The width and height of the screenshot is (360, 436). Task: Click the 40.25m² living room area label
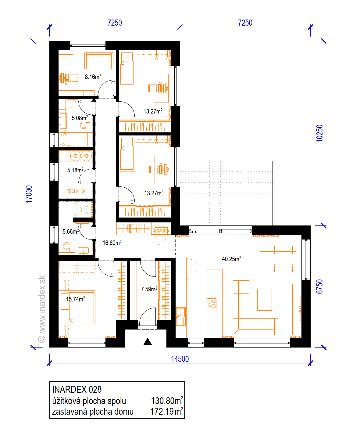click(231, 259)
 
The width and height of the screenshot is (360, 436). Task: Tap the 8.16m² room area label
click(93, 77)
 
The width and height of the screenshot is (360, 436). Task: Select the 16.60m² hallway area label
click(112, 243)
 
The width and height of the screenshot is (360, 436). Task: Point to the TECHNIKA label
click(76, 191)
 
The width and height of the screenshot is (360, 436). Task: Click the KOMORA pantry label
click(161, 231)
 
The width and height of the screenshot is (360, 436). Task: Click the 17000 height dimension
click(29, 194)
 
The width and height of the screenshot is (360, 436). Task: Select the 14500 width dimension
click(180, 359)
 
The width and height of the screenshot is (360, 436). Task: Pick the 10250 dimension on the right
click(319, 133)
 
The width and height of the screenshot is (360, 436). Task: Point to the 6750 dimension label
click(319, 286)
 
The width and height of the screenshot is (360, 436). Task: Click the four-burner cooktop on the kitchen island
click(212, 304)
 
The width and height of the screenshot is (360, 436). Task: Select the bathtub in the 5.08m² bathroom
click(74, 140)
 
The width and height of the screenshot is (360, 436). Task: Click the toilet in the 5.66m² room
click(66, 247)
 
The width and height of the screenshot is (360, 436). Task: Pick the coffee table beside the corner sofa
click(264, 299)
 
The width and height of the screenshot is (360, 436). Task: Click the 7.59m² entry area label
click(149, 289)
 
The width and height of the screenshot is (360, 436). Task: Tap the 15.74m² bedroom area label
click(76, 299)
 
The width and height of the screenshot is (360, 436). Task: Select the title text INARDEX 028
click(77, 389)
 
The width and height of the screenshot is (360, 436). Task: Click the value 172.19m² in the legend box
click(166, 412)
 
